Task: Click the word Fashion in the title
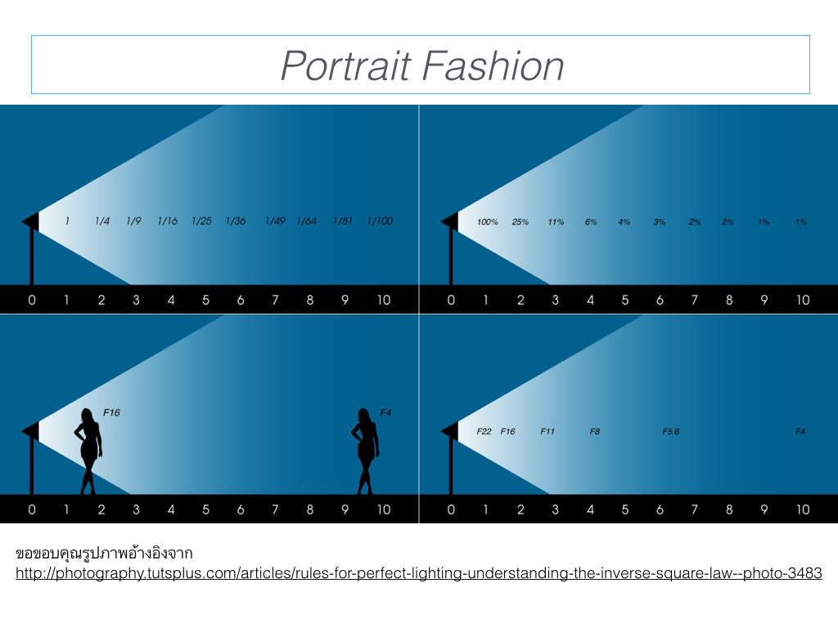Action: pyautogui.click(x=493, y=65)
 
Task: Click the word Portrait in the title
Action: pyautogui.click(x=346, y=65)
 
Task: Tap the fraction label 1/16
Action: pyautogui.click(x=167, y=221)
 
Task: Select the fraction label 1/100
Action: pyautogui.click(x=380, y=221)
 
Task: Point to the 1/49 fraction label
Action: pyautogui.click(x=275, y=221)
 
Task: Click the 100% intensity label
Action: pyautogui.click(x=488, y=222)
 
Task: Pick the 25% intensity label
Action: pyautogui.click(x=520, y=222)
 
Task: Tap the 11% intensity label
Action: pyautogui.click(x=556, y=222)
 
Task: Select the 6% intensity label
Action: pyautogui.click(x=591, y=222)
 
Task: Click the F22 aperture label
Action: pyautogui.click(x=484, y=431)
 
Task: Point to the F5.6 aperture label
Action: pyautogui.click(x=671, y=431)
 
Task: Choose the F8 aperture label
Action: pyautogui.click(x=595, y=431)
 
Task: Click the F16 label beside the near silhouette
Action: pyautogui.click(x=111, y=412)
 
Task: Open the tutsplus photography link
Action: pyautogui.click(x=418, y=573)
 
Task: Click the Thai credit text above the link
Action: pyautogui.click(x=104, y=553)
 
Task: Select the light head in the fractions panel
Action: pyautogui.click(x=31, y=221)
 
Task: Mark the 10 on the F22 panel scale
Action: pyautogui.click(x=802, y=509)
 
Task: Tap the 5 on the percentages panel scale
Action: pyautogui.click(x=624, y=300)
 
